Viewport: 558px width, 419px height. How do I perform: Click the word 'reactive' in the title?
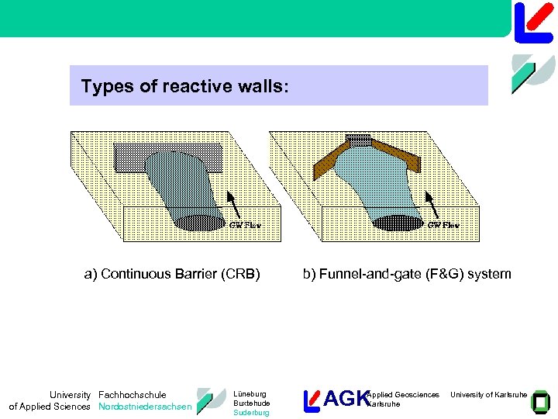tap(189, 85)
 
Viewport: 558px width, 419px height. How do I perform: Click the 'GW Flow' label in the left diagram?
tap(246, 225)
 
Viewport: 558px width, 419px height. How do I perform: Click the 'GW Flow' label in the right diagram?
tap(443, 225)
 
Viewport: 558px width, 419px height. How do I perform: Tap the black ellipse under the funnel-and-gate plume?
tap(397, 221)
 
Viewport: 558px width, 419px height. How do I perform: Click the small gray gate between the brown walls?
tap(358, 140)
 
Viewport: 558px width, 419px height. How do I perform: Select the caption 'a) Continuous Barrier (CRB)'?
tap(172, 273)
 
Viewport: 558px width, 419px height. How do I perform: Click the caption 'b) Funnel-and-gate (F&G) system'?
tap(407, 273)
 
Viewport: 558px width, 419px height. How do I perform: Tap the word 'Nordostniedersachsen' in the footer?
tap(145, 407)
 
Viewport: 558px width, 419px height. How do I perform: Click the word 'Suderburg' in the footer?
tap(251, 413)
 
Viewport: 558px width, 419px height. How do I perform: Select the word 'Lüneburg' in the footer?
tap(250, 394)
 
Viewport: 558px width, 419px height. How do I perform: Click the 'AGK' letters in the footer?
tap(346, 399)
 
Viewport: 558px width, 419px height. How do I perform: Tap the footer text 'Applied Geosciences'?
tap(403, 395)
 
